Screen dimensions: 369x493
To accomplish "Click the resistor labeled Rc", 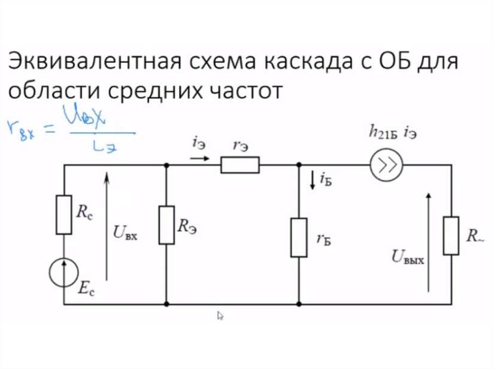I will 64,215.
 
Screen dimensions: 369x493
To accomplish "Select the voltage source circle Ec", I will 64,272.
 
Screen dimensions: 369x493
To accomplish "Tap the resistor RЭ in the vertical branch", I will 167,225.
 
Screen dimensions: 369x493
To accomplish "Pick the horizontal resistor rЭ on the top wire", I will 240,165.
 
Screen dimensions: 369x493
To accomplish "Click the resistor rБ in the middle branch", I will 298,237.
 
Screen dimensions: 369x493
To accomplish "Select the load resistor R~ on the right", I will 451,236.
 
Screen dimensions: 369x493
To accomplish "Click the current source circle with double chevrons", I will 386,165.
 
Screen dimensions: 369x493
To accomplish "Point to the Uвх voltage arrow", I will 106,226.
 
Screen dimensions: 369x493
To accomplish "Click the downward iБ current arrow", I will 312,180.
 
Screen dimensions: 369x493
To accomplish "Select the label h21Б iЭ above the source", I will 393,133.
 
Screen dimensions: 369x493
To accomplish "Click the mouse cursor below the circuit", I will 221,316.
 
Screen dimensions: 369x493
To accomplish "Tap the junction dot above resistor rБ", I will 298,165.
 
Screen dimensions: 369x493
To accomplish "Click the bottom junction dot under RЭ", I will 167,304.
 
